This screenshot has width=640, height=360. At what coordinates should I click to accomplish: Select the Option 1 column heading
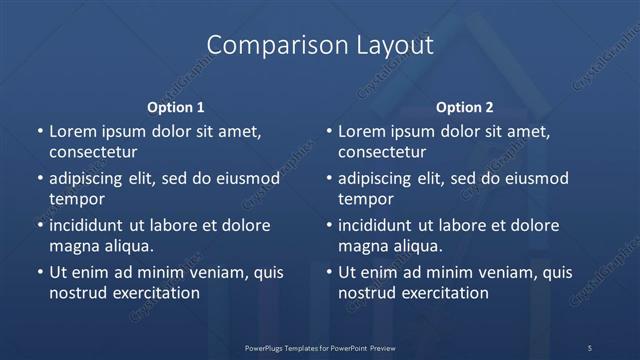coord(175,107)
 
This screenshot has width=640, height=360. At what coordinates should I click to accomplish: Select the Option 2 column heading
coord(465,107)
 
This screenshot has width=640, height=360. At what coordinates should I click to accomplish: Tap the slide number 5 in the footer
coord(589,347)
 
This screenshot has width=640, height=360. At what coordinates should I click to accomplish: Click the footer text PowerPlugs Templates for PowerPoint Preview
coord(320,347)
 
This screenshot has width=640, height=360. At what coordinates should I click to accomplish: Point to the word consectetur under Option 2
coord(382,153)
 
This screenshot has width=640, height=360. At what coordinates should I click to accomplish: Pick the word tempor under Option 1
coord(77,200)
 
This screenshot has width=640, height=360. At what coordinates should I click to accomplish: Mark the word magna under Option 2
coord(362,246)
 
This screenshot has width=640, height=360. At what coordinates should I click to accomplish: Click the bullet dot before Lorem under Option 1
coord(38,132)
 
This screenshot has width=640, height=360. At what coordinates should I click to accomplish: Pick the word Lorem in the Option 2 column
coord(362,132)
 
